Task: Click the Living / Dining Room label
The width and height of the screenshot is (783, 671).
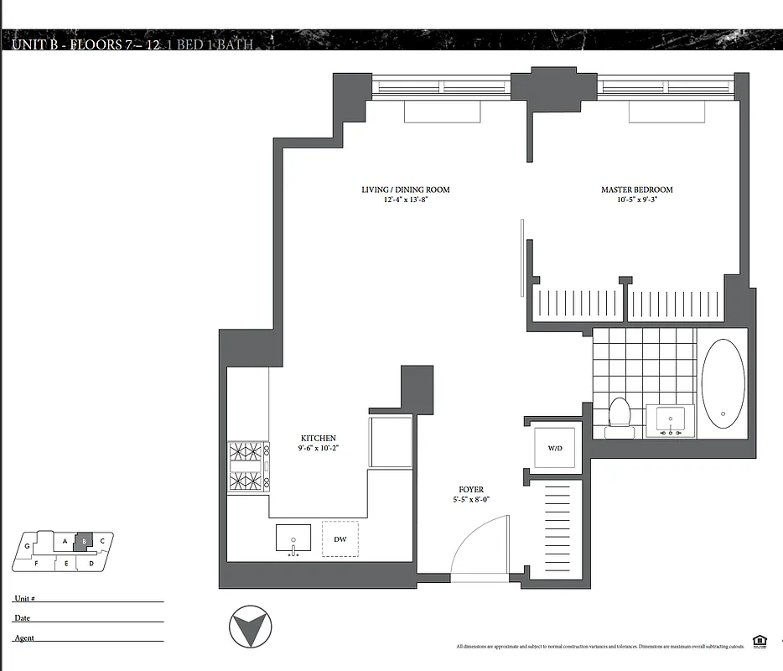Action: (405, 190)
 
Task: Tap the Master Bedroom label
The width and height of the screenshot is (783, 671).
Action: (636, 190)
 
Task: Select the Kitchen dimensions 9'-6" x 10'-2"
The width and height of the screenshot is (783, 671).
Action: (319, 449)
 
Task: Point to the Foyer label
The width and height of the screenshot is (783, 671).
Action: (470, 490)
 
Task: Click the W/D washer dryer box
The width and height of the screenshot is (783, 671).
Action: (555, 449)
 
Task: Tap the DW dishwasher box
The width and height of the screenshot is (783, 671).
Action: (340, 539)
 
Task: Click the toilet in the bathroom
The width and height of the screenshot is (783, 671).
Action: (620, 414)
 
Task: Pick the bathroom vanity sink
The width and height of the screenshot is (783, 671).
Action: (670, 420)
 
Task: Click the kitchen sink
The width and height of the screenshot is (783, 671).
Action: (293, 539)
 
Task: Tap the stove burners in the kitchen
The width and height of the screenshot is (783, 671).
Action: (247, 466)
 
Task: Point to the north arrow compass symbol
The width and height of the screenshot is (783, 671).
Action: (251, 627)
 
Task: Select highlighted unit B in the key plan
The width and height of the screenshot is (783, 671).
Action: (84, 542)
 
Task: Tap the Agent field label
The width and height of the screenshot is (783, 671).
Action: (23, 638)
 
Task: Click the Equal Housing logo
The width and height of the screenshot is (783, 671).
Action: (760, 642)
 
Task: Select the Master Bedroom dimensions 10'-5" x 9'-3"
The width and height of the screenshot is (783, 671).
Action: (636, 200)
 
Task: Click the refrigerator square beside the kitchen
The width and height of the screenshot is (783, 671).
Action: (391, 441)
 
